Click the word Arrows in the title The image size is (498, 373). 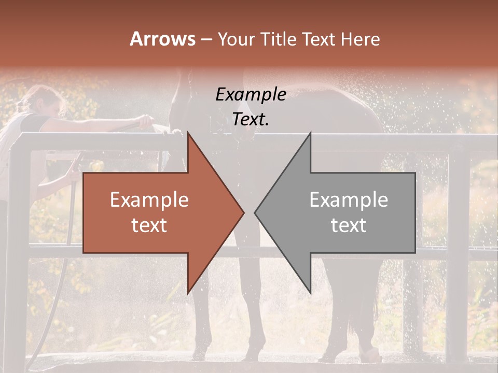[162, 39]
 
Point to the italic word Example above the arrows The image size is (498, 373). [251, 95]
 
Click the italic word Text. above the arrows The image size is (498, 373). [251, 120]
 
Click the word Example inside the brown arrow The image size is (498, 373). [149, 200]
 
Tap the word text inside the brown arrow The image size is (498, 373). [149, 225]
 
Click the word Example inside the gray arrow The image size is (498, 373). [349, 200]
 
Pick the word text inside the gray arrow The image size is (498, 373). [349, 225]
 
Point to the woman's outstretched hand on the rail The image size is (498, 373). [146, 122]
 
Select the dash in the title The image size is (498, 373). [206, 40]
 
